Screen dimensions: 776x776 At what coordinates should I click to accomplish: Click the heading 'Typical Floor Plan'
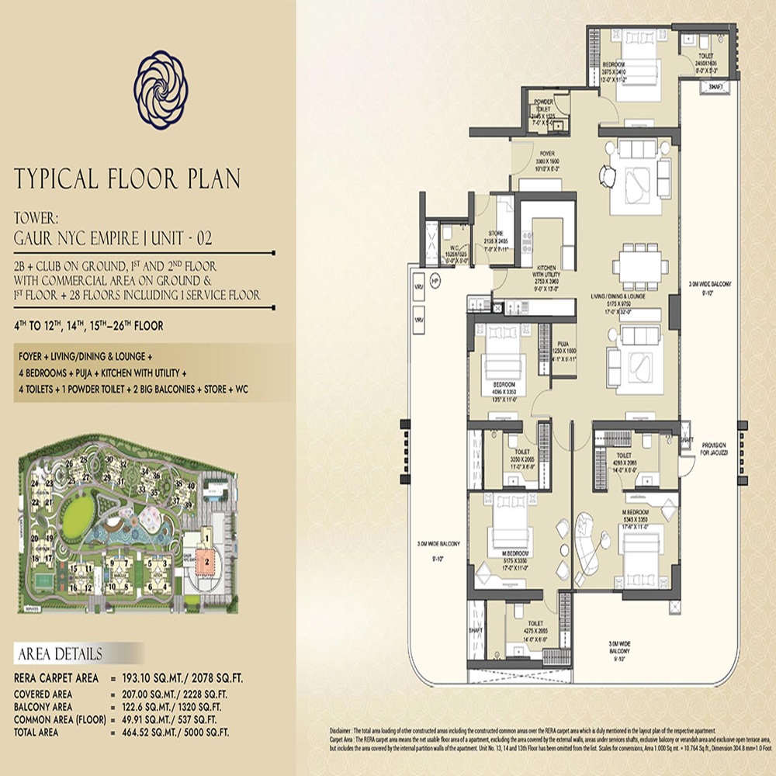coord(127,178)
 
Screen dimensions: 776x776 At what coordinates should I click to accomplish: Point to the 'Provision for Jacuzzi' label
coord(711,449)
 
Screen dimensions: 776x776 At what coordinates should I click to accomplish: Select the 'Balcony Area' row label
coord(50,706)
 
